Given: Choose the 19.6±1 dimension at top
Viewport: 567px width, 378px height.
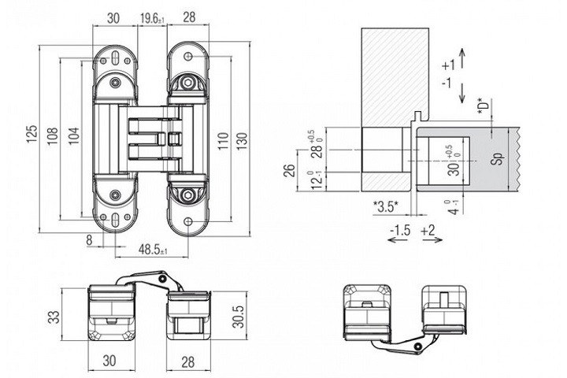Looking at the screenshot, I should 150,17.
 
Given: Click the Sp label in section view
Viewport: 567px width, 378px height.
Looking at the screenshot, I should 497,157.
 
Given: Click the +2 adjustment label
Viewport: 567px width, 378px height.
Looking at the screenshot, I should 430,230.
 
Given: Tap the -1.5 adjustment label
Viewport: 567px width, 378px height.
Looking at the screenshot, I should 399,230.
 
